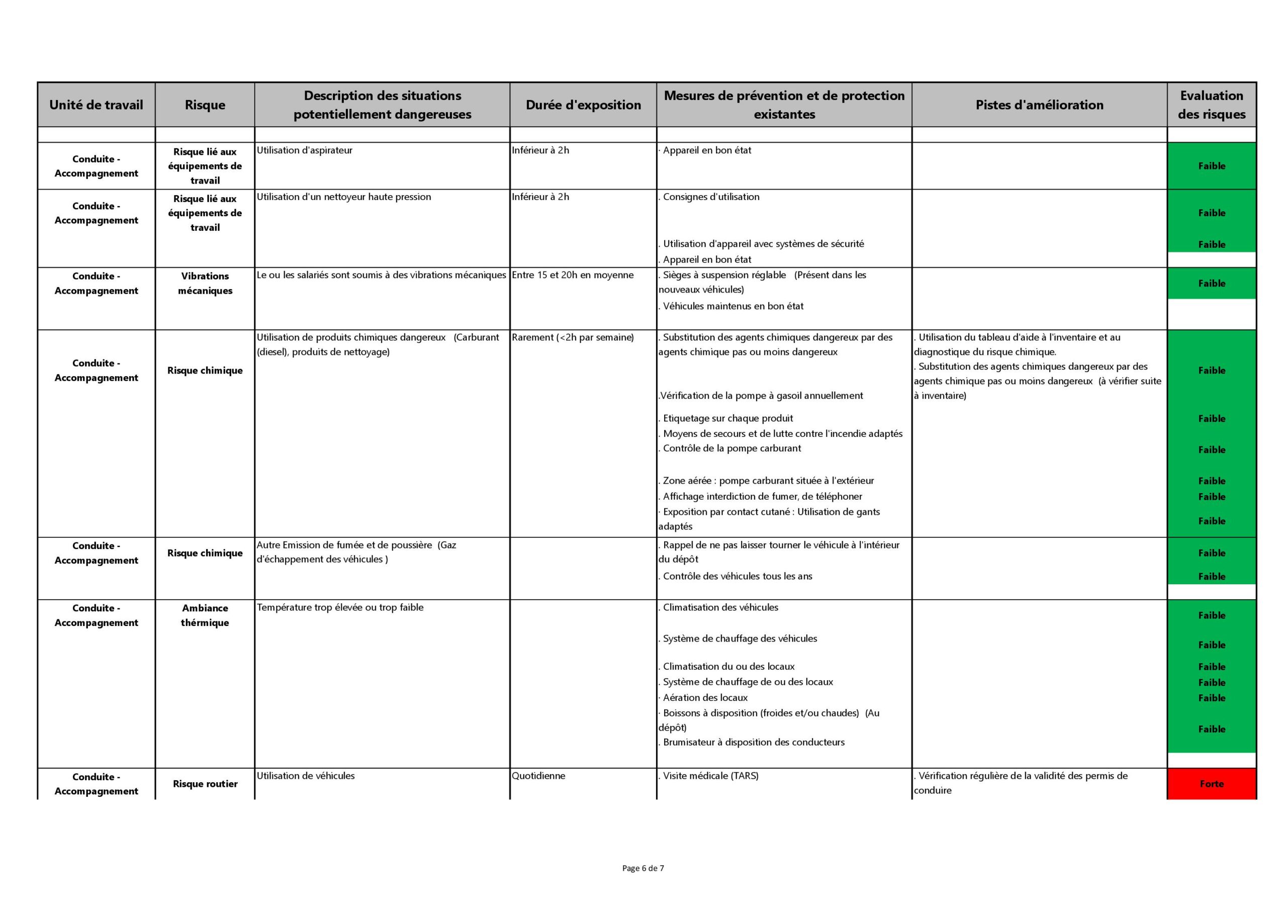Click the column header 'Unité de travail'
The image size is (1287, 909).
(96, 105)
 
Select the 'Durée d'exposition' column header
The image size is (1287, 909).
(583, 105)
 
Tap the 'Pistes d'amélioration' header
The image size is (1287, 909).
(1039, 105)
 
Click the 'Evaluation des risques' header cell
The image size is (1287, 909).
(1211, 105)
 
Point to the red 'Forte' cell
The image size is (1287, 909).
(1211, 783)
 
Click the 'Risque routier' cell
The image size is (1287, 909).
(205, 783)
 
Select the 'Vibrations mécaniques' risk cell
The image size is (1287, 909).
(205, 283)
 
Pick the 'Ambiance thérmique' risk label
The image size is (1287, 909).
(205, 615)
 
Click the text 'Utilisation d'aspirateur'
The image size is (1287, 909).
(304, 150)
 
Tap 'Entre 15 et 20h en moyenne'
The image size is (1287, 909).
(572, 275)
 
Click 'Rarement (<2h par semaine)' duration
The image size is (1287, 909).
(572, 337)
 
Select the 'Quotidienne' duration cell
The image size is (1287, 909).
(538, 776)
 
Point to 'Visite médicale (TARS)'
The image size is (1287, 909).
(710, 776)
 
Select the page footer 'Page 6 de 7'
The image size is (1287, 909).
(643, 868)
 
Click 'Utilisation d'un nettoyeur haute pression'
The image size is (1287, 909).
(343, 197)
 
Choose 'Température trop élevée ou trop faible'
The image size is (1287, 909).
(340, 607)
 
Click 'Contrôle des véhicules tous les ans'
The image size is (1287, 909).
(737, 576)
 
